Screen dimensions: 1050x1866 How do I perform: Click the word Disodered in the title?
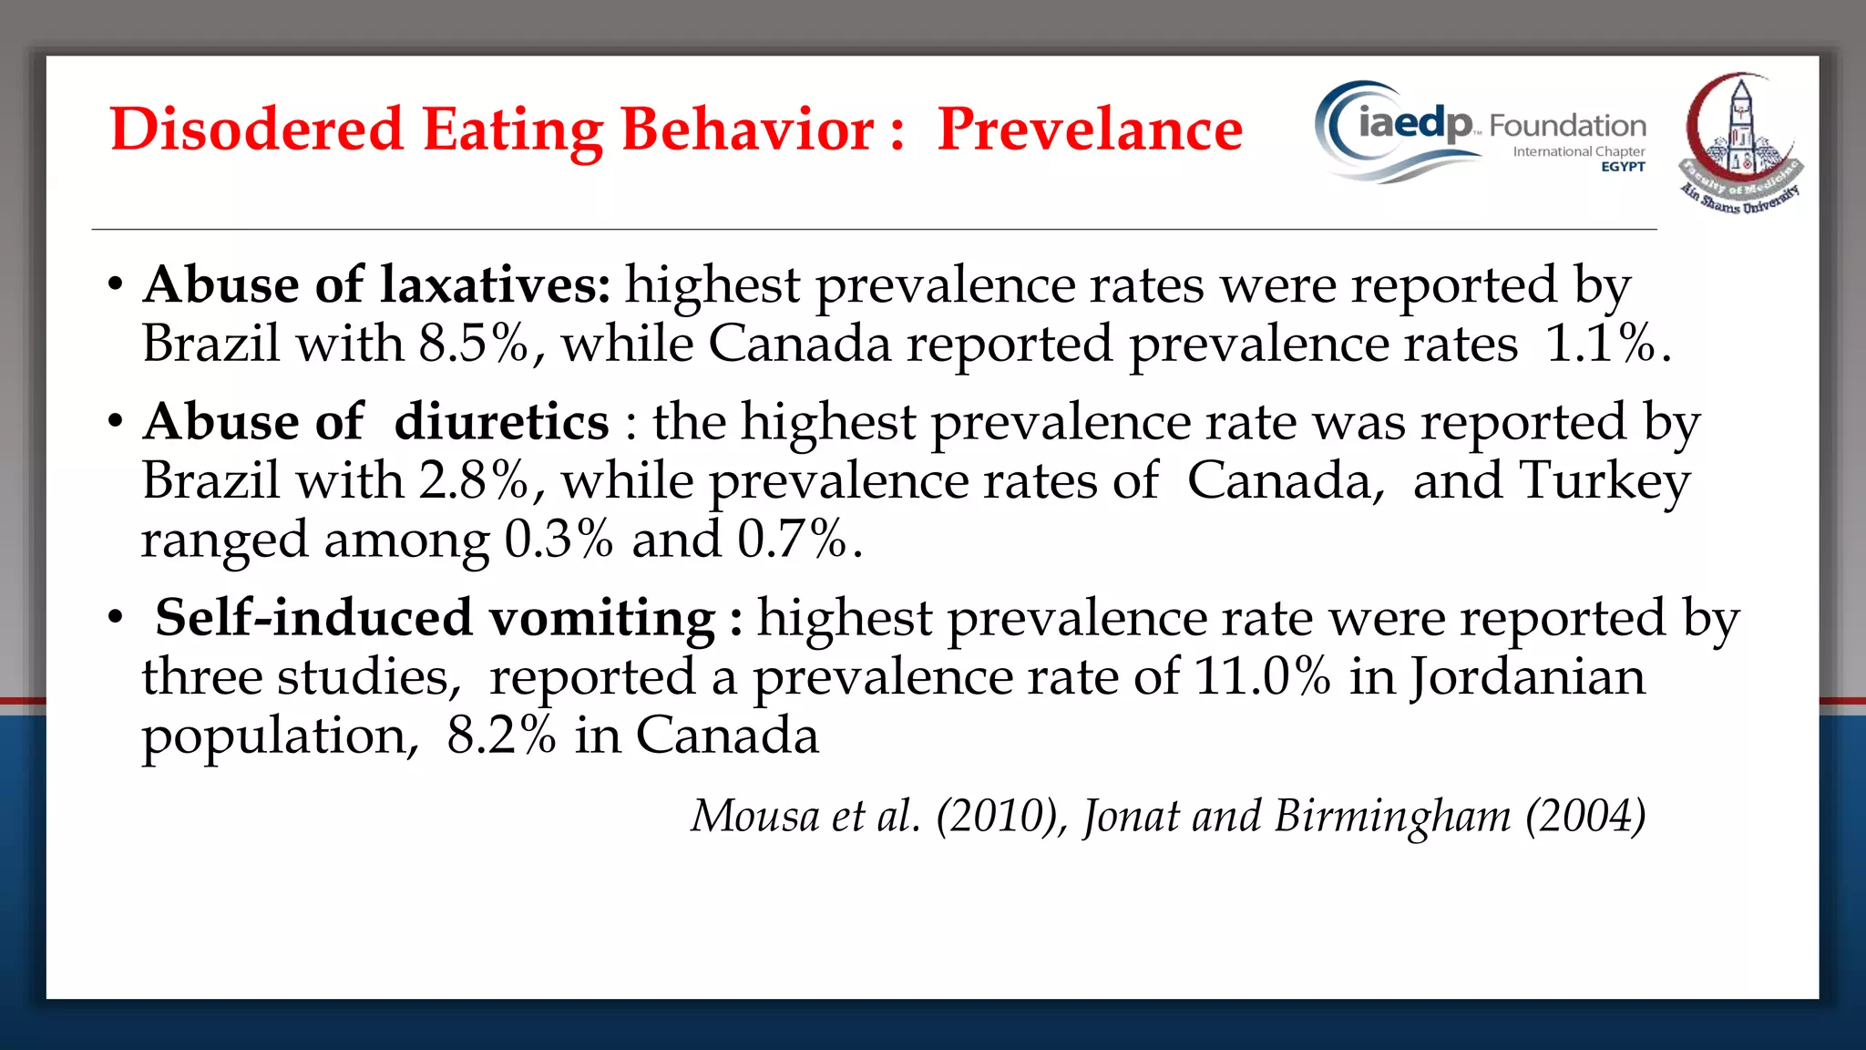pyautogui.click(x=256, y=129)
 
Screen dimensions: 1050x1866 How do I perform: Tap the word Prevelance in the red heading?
pyautogui.click(x=1090, y=129)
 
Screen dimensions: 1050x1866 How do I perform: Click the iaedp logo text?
pyautogui.click(x=1414, y=123)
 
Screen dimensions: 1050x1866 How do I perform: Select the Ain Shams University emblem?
pyautogui.click(x=1739, y=144)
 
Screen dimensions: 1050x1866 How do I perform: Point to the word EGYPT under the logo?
pyautogui.click(x=1623, y=167)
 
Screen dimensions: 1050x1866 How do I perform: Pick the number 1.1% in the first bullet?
pyautogui.click(x=1601, y=345)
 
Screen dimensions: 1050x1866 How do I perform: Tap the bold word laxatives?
pyautogui.click(x=496, y=285)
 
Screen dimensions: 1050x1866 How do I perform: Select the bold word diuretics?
pyautogui.click(x=501, y=422)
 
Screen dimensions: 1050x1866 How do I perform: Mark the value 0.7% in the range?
pyautogui.click(x=793, y=540)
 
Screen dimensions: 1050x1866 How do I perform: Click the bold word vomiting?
pyautogui.click(x=602, y=618)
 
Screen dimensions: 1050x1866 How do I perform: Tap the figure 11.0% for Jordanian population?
pyautogui.click(x=1262, y=677)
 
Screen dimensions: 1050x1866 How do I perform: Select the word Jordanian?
pyautogui.click(x=1528, y=677)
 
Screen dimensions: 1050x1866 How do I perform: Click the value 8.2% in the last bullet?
pyautogui.click(x=501, y=736)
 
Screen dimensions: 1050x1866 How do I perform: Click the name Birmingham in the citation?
pyautogui.click(x=1392, y=816)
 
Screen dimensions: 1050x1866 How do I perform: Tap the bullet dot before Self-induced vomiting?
pyautogui.click(x=115, y=619)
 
